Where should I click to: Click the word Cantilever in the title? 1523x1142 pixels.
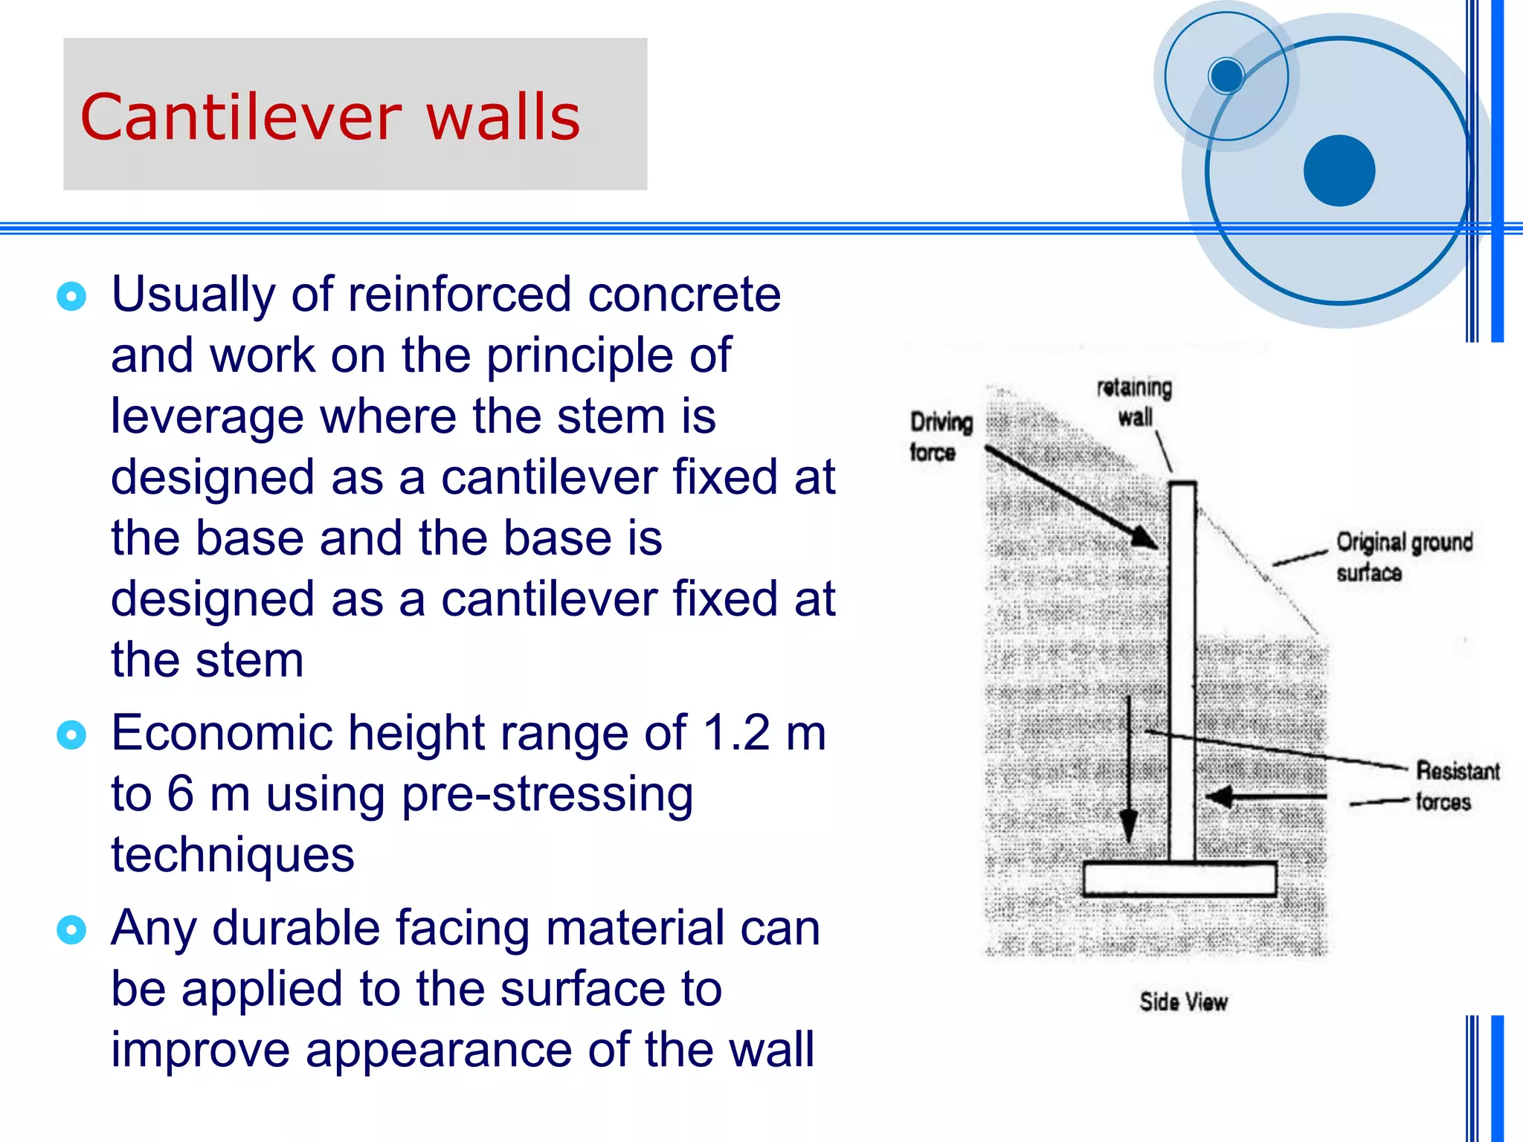(240, 117)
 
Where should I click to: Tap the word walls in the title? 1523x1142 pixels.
(503, 117)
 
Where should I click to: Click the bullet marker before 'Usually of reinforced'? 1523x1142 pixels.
(71, 297)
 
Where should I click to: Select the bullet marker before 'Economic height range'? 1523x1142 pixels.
(71, 735)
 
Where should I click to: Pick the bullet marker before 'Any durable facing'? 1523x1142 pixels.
(71, 929)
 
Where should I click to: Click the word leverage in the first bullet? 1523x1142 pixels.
(207, 416)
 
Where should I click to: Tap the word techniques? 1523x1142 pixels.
(233, 855)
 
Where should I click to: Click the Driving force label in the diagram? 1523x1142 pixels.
(940, 437)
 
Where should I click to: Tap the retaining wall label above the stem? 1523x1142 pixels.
(1135, 402)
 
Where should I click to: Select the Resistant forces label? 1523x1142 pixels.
(1455, 787)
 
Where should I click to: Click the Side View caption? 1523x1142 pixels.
(1183, 1002)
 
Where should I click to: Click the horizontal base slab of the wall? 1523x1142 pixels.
(1179, 879)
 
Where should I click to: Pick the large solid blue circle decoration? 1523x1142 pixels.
(1339, 170)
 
